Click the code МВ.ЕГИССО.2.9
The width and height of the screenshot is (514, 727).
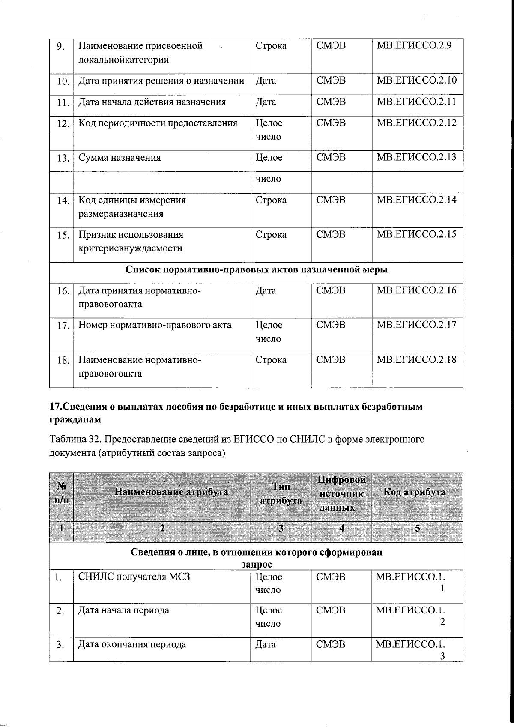[x=413, y=45]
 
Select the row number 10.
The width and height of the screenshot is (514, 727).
[x=63, y=81]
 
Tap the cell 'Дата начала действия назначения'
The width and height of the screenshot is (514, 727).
[x=152, y=102]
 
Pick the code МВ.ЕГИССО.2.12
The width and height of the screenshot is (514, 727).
[x=416, y=123]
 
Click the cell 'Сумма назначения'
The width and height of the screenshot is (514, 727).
[x=120, y=158]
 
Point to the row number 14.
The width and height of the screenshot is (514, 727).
[x=63, y=200]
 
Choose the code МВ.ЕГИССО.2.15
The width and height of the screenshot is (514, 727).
[x=416, y=234]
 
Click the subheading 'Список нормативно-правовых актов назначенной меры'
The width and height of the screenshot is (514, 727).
[x=256, y=270]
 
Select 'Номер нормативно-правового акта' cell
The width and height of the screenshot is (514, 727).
[x=155, y=325]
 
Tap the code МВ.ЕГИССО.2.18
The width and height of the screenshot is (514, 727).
[x=416, y=359]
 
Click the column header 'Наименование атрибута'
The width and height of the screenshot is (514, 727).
[x=171, y=492]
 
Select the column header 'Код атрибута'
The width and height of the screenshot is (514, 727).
[x=414, y=492]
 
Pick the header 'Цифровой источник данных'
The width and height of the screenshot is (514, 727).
[x=341, y=494]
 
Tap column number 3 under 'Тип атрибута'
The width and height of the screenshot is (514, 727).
[x=281, y=528]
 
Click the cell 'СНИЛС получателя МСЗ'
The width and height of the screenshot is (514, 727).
[x=134, y=577]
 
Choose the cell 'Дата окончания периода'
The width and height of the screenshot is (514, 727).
[x=132, y=644]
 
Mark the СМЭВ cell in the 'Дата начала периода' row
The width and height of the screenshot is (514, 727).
[x=330, y=610]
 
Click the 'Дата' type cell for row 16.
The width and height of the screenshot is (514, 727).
[x=266, y=291]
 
